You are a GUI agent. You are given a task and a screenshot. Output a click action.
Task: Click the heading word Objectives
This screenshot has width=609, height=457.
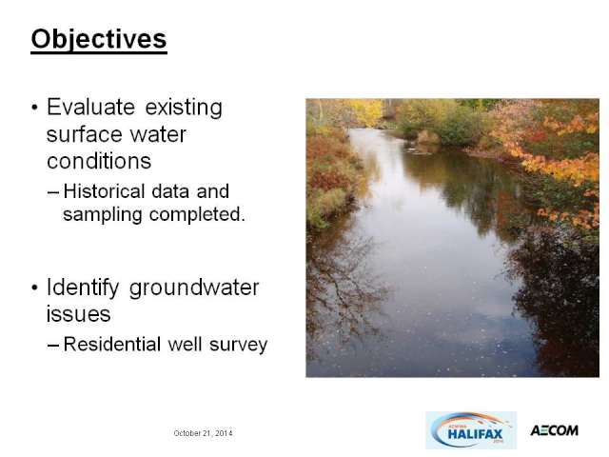[99, 40]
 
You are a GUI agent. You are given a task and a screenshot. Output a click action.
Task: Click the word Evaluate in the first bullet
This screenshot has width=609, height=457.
[91, 107]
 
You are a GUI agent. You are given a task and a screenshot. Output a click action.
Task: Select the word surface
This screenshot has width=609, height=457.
[85, 134]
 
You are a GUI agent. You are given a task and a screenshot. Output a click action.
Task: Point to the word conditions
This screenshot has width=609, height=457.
[99, 161]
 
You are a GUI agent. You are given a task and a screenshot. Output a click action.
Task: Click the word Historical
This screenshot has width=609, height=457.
[104, 191]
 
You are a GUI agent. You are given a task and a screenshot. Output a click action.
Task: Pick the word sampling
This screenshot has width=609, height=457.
[103, 215]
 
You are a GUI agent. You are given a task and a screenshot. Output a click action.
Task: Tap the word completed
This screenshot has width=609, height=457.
[197, 214]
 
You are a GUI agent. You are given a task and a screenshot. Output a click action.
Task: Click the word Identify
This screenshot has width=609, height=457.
[83, 288]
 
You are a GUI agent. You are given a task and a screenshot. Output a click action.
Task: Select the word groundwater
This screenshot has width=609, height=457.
[194, 288]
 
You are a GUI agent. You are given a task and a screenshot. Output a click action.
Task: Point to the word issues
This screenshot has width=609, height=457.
[78, 314]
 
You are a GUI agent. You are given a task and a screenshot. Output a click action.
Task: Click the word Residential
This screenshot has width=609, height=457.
[112, 345]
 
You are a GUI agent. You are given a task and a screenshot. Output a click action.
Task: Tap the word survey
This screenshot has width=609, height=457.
[239, 345]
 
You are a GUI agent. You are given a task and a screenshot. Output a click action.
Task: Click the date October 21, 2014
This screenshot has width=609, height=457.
[203, 433]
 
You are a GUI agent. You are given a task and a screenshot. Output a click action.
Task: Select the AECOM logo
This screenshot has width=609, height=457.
[554, 430]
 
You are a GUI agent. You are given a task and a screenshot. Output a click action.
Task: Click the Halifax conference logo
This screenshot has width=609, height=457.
[471, 430]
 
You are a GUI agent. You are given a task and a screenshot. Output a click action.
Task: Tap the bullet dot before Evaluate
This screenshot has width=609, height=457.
[35, 108]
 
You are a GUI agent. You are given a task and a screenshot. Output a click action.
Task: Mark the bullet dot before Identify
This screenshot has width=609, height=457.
[35, 288]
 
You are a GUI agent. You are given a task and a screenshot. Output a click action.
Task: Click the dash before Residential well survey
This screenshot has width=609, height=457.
[53, 345]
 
